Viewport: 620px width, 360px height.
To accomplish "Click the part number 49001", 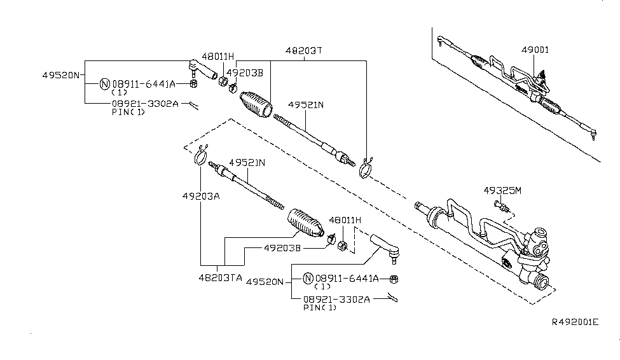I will pyautogui.click(x=535, y=50).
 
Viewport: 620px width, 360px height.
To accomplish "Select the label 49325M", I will pyautogui.click(x=502, y=190).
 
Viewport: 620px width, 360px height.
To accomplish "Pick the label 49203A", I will pyautogui.click(x=199, y=196).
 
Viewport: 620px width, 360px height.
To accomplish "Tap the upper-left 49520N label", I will pyautogui.click(x=61, y=75).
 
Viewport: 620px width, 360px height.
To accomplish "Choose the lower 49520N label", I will pyautogui.click(x=266, y=280).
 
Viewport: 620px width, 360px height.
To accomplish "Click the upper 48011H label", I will pyautogui.click(x=218, y=56).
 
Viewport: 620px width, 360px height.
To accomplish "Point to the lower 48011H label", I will pyautogui.click(x=345, y=220).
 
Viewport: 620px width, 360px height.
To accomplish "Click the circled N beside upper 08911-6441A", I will pyautogui.click(x=106, y=83).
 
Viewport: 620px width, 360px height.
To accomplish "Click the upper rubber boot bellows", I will pyautogui.click(x=255, y=106).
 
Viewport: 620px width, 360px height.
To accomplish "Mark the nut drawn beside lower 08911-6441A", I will pyautogui.click(x=394, y=279).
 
